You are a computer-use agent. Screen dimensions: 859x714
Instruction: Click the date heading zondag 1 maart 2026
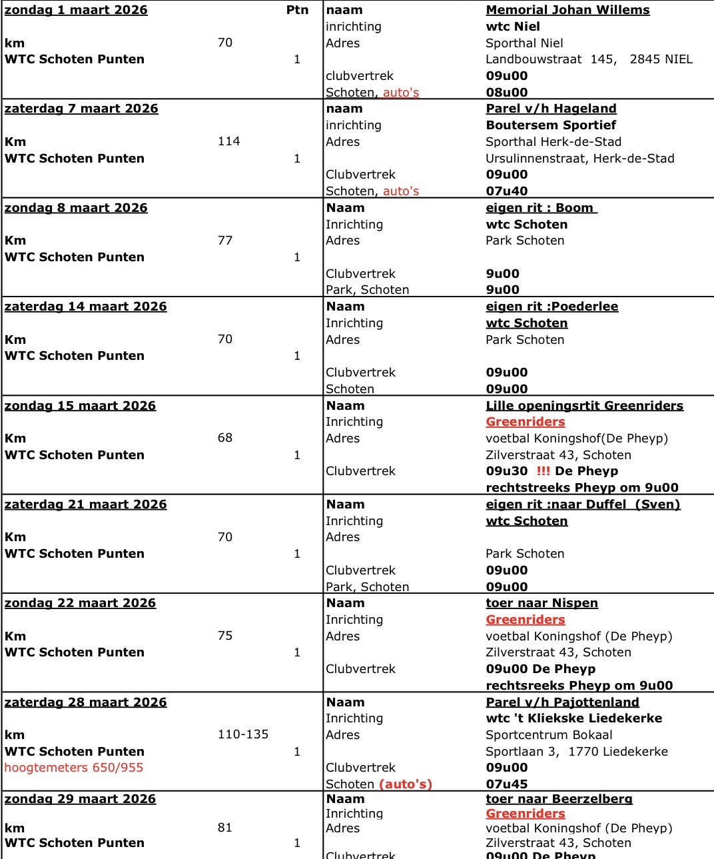point(76,10)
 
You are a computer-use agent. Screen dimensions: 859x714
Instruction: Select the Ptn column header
point(297,10)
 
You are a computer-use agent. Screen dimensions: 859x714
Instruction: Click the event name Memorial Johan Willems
point(567,10)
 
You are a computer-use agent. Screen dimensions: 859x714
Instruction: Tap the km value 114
point(228,141)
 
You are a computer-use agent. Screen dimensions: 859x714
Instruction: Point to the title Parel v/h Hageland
point(551,109)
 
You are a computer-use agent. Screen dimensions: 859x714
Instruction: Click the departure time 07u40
point(506,191)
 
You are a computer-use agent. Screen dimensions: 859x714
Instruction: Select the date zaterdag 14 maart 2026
point(85,307)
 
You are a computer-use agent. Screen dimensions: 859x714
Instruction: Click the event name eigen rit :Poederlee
point(551,307)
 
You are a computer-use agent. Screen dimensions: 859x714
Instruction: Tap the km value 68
point(225,438)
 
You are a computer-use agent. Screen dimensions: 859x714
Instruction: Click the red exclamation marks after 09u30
point(543,471)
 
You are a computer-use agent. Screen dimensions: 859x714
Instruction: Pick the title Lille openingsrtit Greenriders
point(584,406)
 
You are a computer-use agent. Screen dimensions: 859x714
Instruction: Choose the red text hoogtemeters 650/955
point(74,768)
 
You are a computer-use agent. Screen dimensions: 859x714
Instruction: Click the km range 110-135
point(243,734)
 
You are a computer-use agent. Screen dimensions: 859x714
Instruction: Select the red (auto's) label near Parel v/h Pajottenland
point(406,784)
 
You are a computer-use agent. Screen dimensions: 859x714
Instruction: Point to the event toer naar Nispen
point(541,603)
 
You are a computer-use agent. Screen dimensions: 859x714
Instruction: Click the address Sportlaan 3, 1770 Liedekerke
point(576,752)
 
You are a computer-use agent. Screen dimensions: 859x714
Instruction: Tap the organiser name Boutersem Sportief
point(551,125)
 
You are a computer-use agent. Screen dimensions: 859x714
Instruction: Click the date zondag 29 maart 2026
point(80,799)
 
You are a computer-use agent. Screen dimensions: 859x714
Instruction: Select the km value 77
point(225,241)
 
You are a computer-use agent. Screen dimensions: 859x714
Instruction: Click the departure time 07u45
point(506,784)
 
